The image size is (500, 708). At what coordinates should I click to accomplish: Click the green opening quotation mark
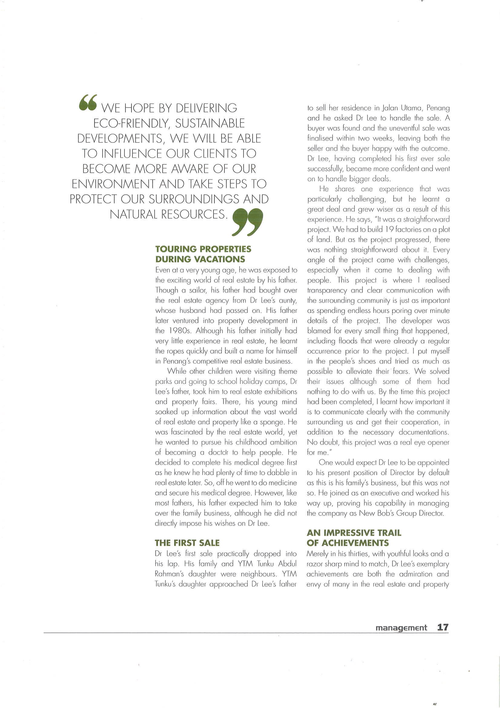(88, 102)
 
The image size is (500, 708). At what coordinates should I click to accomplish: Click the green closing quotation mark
(247, 222)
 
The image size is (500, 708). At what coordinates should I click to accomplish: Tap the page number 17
(443, 627)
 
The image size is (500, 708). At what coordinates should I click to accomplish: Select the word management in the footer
(401, 628)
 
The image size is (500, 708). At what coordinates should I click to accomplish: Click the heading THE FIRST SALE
(187, 543)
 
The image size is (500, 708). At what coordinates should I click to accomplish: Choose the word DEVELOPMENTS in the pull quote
(120, 139)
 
